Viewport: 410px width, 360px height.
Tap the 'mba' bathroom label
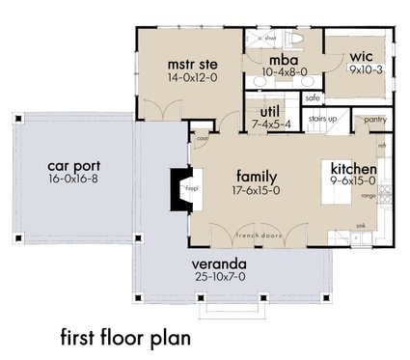pyautogui.click(x=285, y=57)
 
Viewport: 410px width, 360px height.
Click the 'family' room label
pyautogui.click(x=258, y=177)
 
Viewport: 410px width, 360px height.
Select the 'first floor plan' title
pyautogui.click(x=124, y=337)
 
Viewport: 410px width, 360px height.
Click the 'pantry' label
pyautogui.click(x=376, y=120)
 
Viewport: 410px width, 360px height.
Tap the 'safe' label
pyautogui.click(x=312, y=97)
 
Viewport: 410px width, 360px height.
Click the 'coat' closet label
pyautogui.click(x=203, y=136)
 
